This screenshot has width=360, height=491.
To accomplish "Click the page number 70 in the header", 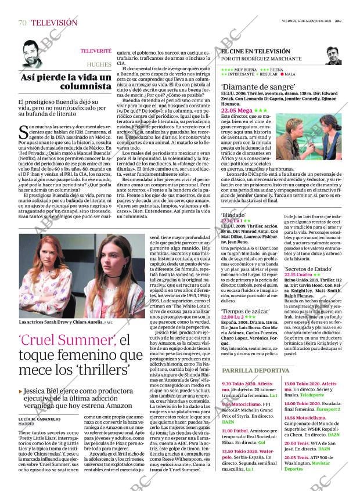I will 23,23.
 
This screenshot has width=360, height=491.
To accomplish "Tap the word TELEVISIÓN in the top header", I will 53,23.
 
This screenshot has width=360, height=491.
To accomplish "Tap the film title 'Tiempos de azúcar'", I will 247,312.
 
